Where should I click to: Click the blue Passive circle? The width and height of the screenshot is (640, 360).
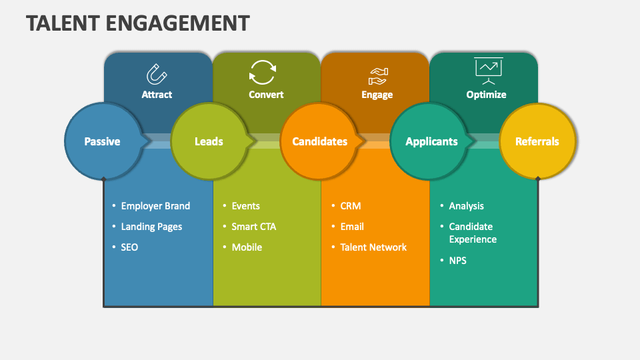102,141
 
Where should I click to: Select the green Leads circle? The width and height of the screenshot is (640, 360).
209,141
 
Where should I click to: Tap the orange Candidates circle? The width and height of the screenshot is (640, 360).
319,141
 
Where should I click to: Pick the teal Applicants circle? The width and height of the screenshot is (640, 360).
431,141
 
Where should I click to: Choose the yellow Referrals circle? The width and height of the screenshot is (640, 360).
537,141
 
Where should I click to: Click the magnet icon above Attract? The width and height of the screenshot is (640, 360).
157,72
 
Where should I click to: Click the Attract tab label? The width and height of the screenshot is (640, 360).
157,95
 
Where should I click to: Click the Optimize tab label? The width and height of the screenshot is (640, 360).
486,95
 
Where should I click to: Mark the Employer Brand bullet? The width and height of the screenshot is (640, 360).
155,206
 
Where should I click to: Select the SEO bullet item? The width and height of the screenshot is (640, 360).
129,247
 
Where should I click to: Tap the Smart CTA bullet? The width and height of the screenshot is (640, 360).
253,227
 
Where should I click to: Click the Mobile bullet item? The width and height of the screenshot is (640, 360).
247,247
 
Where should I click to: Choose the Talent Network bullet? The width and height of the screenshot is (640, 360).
373,247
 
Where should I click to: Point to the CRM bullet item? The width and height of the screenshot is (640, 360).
350,206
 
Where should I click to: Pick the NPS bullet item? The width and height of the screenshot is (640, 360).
457,260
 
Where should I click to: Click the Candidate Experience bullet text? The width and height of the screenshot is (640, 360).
472,233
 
